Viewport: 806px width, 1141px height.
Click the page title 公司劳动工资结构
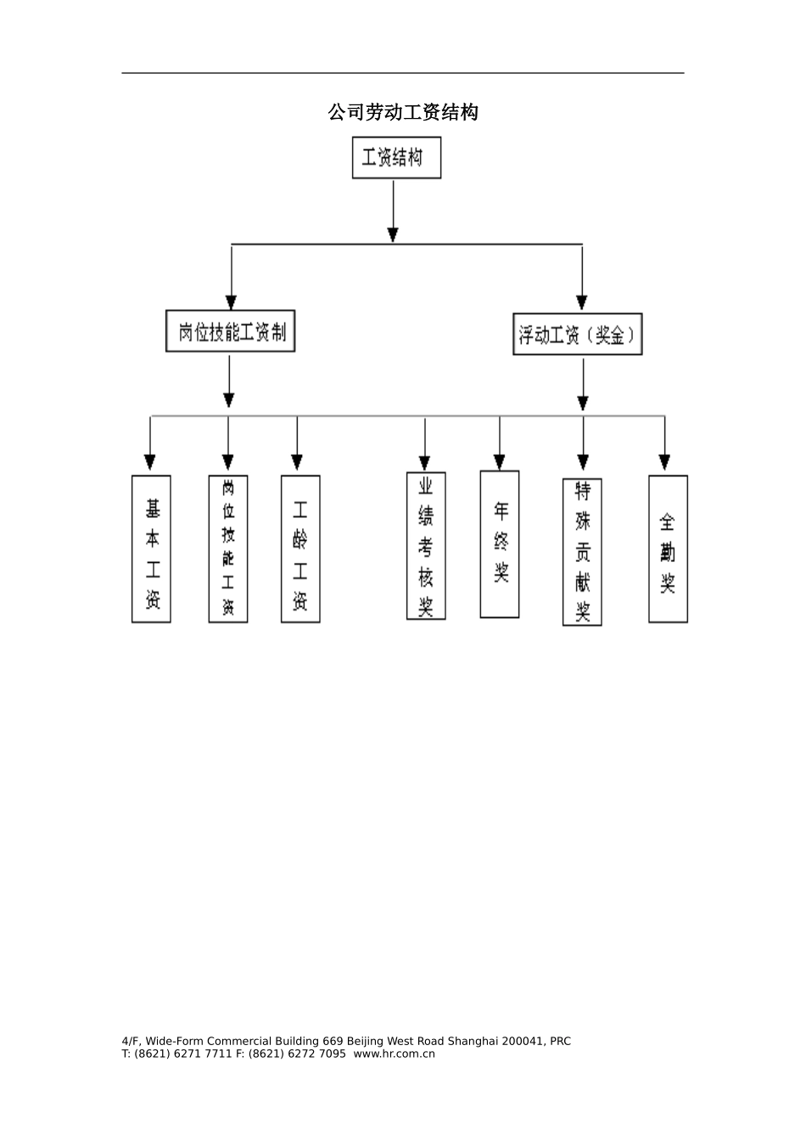coord(403,112)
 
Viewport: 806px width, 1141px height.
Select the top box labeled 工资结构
coord(396,158)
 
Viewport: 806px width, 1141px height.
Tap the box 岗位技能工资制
coord(230,331)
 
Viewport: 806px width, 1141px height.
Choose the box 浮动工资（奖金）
coord(578,334)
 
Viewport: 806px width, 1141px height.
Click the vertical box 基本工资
coord(151,549)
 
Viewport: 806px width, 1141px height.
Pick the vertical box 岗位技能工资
coord(228,549)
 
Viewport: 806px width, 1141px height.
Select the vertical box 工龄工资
coord(300,549)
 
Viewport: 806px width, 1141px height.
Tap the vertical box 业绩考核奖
coord(426,546)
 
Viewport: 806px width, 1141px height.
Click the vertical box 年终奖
coord(500,544)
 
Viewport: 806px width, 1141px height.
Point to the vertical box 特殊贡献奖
coord(582,552)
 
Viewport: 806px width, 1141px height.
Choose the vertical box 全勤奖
coord(668,549)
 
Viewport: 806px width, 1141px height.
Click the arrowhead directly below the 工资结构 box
coord(393,233)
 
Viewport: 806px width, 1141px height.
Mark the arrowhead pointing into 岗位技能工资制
coord(231,301)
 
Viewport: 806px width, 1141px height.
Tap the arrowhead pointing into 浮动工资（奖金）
coord(582,302)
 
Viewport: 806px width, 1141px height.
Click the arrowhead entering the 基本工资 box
coord(150,462)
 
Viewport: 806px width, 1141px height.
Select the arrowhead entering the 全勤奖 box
coord(664,462)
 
